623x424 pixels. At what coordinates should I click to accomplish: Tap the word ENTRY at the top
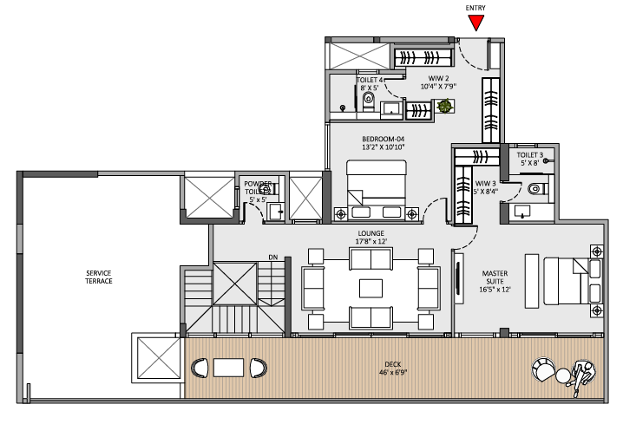(x=475, y=8)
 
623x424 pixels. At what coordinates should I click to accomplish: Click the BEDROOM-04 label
(x=384, y=139)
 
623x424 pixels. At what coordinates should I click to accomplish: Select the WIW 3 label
(x=486, y=184)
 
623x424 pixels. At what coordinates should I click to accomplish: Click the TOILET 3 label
(x=530, y=156)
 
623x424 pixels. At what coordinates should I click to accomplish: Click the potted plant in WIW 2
(x=445, y=107)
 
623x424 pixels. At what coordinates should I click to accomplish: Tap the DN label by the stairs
(x=272, y=257)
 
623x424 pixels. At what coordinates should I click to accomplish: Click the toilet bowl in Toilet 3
(x=534, y=186)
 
